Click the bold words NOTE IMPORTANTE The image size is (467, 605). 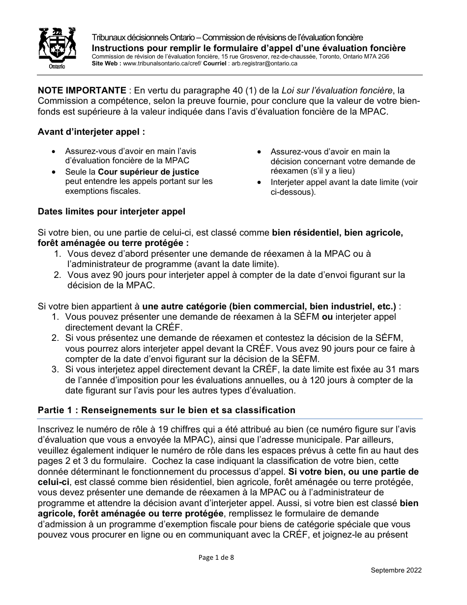pos(82,91)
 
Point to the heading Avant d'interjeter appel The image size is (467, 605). pos(91,132)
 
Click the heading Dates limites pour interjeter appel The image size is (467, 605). pos(112,212)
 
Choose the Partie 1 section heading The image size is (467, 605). pos(167,410)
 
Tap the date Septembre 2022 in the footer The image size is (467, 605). pos(396,570)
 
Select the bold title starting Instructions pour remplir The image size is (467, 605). pos(249,48)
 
